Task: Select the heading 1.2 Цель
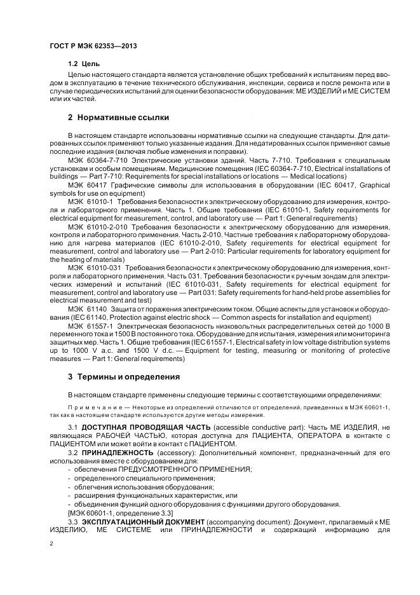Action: click(x=83, y=64)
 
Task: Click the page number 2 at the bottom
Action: click(x=51, y=544)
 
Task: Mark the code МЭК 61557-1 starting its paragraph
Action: click(x=90, y=325)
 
